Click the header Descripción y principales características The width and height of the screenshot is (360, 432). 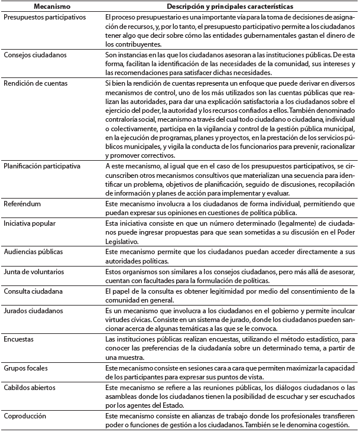click(x=225, y=6)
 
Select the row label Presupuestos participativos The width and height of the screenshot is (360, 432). click(x=44, y=18)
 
